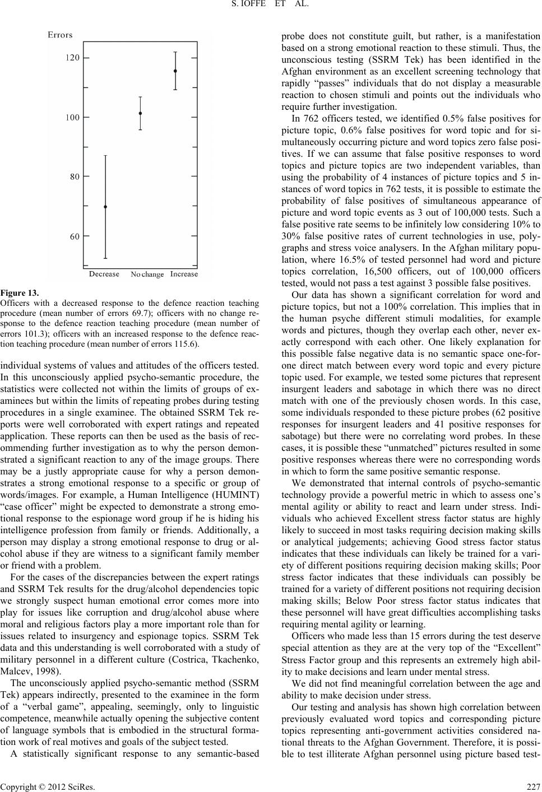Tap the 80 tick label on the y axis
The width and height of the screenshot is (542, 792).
pyautogui.click(x=75, y=176)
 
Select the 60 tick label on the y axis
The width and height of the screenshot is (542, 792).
pyautogui.click(x=75, y=236)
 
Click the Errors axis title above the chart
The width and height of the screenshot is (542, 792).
pyautogui.click(x=60, y=35)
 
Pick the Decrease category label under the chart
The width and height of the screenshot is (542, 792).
pyautogui.click(x=104, y=274)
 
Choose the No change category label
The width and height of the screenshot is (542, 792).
pyautogui.click(x=147, y=274)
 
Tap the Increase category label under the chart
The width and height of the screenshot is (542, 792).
pyautogui.click(x=184, y=274)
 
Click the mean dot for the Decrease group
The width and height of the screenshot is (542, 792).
pyautogui.click(x=105, y=207)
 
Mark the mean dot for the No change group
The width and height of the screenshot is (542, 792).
pyautogui.click(x=140, y=113)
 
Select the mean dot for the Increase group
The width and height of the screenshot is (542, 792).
pyautogui.click(x=175, y=71)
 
